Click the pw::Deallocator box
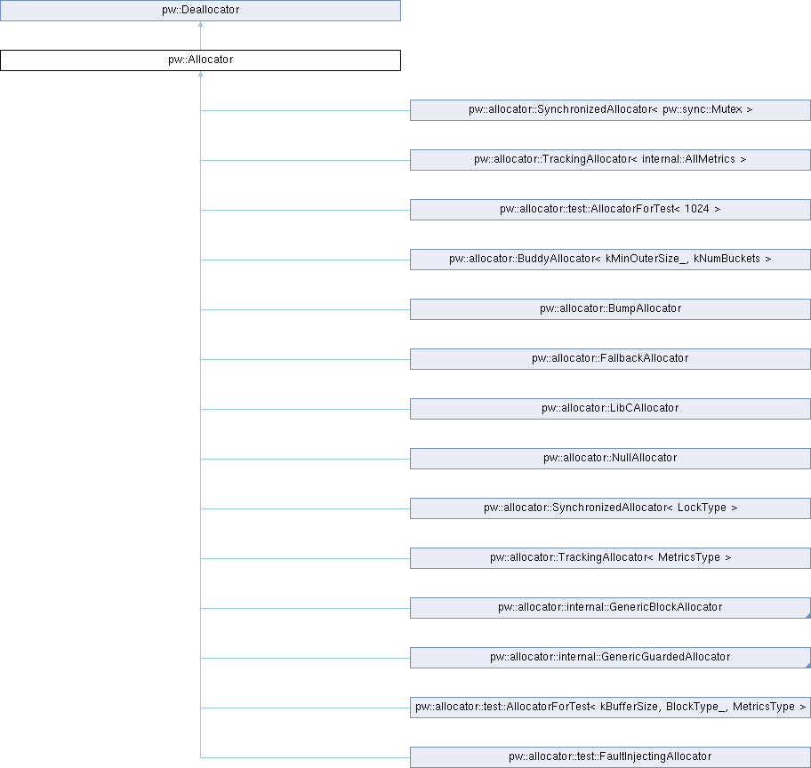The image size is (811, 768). pos(200,11)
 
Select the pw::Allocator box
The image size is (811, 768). pos(200,60)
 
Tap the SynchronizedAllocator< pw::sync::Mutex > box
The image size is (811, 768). pos(610,110)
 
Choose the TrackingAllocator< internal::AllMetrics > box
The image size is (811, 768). pos(610,160)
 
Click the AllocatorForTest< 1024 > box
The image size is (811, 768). pos(610,210)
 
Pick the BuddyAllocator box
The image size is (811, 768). pos(610,259)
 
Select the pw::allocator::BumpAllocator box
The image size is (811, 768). pos(610,309)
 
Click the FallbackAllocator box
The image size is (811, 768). pos(610,359)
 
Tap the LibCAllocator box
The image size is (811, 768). pos(610,409)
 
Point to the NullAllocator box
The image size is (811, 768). pos(610,458)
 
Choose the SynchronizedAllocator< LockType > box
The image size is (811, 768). pos(610,508)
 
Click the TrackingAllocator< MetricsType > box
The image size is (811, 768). pos(610,558)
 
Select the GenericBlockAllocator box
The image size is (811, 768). pos(610,608)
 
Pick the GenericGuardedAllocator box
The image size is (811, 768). pos(610,657)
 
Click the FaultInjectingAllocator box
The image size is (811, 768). pos(610,757)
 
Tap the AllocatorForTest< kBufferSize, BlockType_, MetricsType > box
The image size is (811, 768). pos(610,708)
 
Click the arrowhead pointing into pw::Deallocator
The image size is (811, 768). pos(200,24)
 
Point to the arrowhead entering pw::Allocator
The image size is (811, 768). pos(200,74)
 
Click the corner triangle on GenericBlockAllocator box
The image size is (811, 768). pos(808,615)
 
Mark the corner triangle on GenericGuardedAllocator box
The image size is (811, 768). pos(808,665)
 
